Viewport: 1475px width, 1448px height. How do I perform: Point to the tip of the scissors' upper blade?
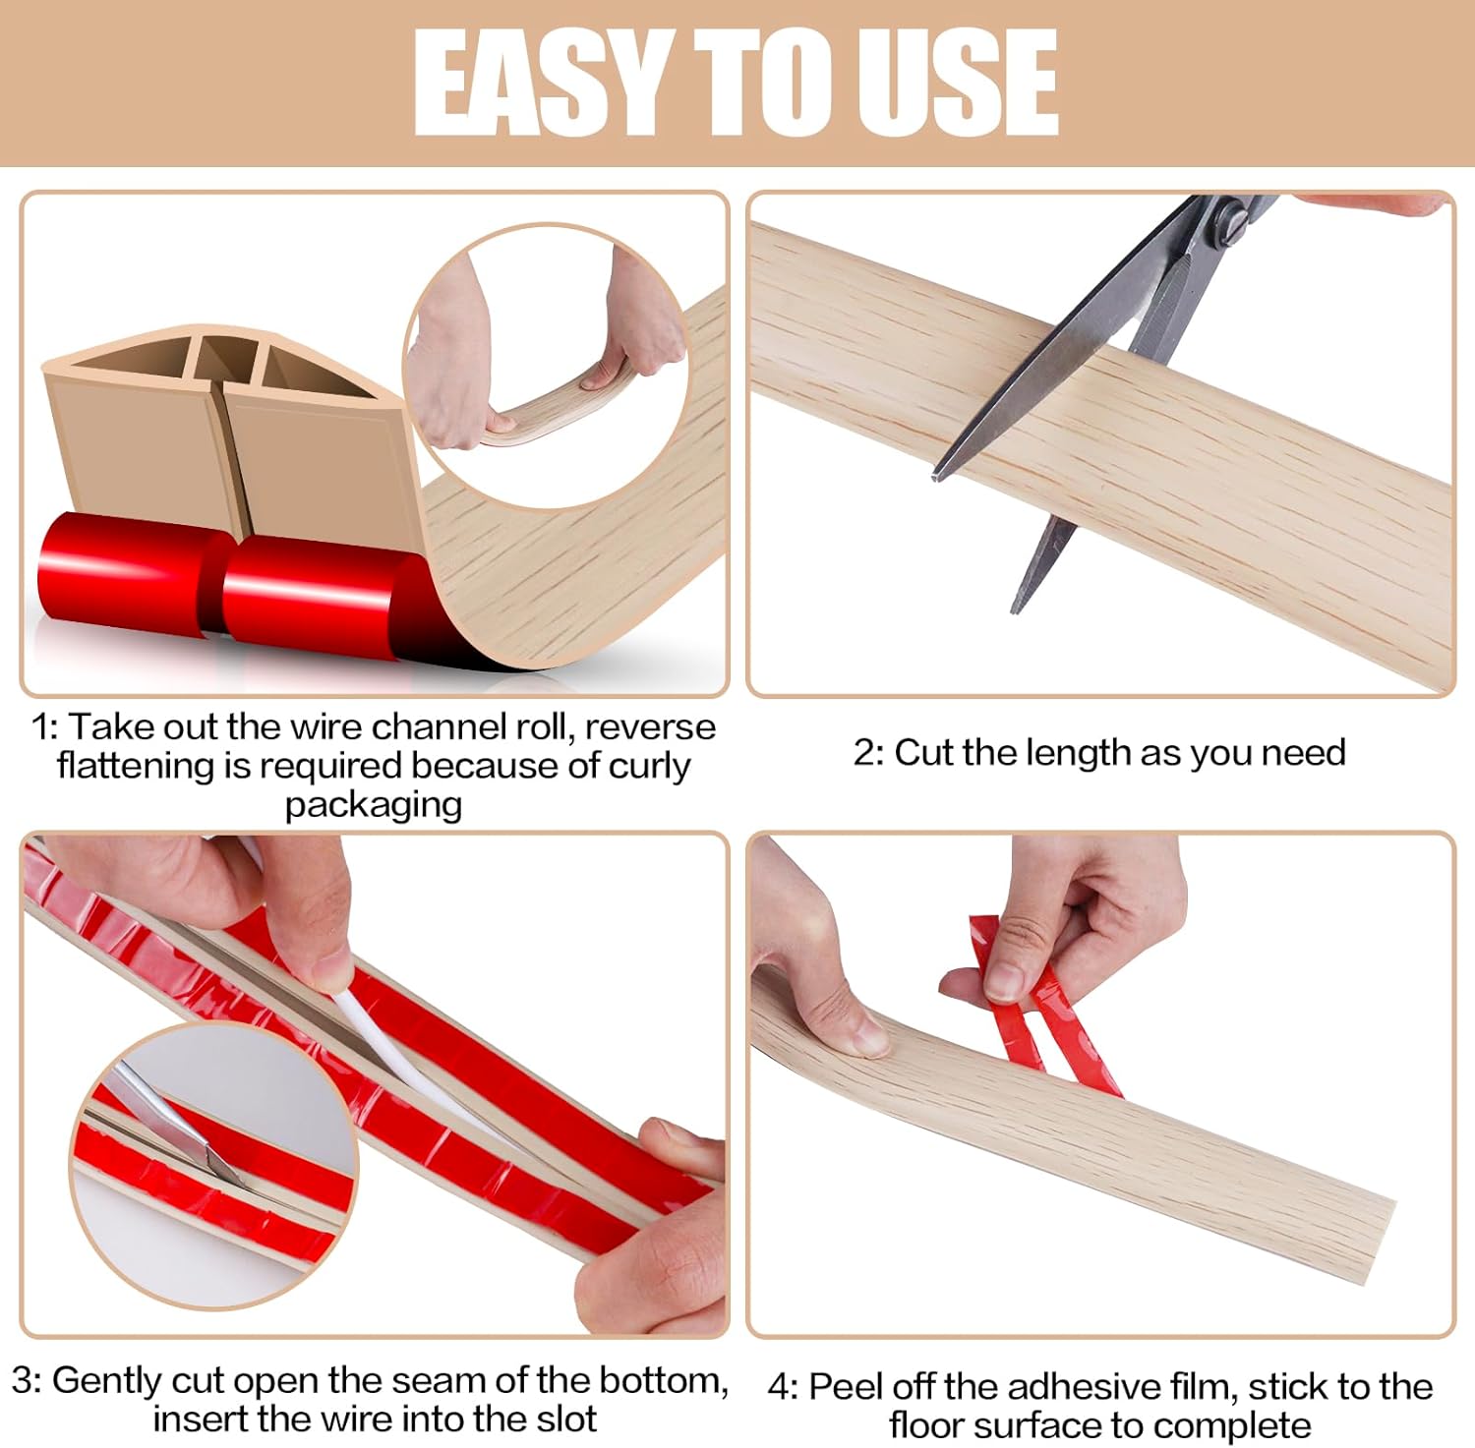935,478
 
